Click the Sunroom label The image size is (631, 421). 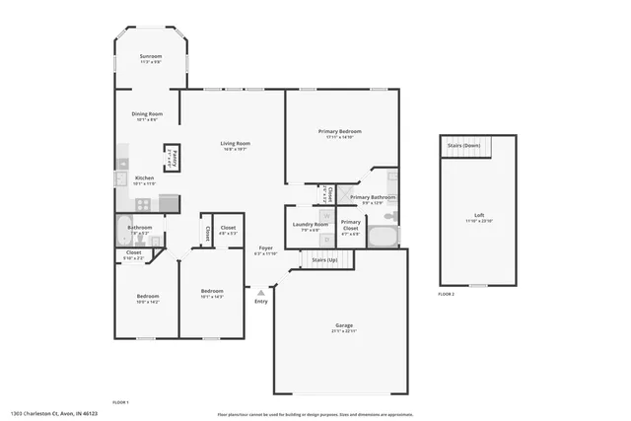[x=150, y=57]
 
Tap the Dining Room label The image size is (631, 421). [x=147, y=114]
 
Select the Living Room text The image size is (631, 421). [x=235, y=144]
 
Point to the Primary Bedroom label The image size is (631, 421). [x=339, y=132]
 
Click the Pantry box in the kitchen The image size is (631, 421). [x=171, y=157]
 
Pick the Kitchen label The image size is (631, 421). [x=144, y=178]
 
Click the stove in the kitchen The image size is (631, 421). [x=143, y=204]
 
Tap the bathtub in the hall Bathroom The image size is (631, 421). [x=121, y=234]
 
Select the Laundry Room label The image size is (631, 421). [x=311, y=225]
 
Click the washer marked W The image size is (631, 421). [x=326, y=214]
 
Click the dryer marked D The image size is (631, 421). [x=326, y=239]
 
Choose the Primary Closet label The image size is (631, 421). [x=350, y=223]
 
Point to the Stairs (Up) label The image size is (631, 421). [x=324, y=259]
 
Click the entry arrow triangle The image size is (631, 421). [x=260, y=292]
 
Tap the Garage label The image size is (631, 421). [x=344, y=325]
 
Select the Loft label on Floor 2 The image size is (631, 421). [x=478, y=215]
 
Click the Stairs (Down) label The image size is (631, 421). [x=464, y=145]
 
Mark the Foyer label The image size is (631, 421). [x=265, y=247]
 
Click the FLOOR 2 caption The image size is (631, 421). [x=447, y=294]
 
